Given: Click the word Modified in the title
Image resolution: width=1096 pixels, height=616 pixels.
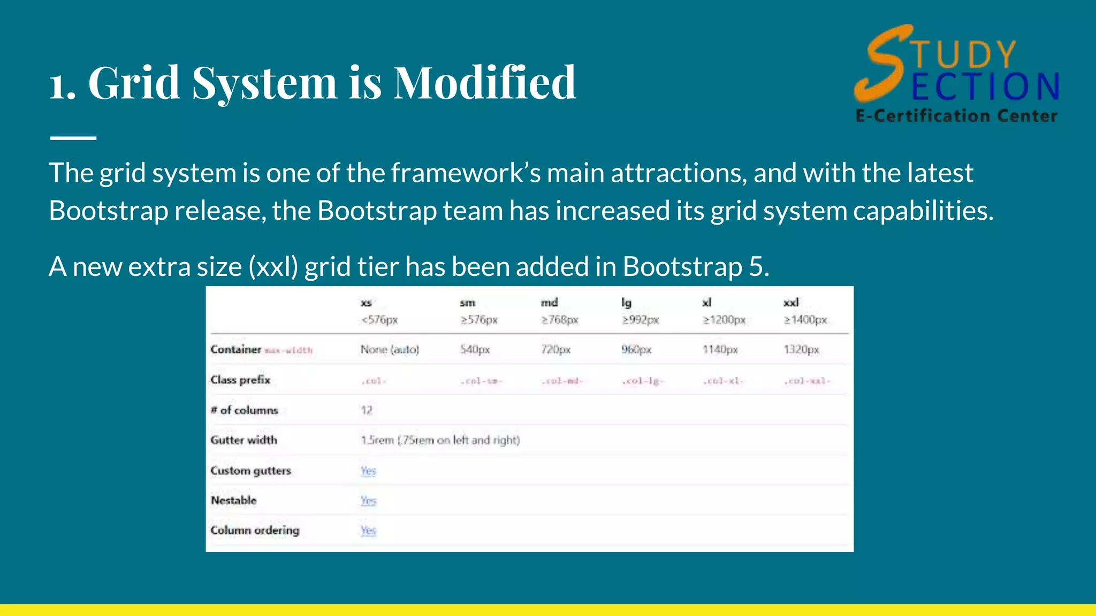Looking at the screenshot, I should click(485, 83).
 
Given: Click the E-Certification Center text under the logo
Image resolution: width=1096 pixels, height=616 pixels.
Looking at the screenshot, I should click(956, 116).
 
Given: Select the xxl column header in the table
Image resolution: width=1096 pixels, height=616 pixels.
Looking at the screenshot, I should click(791, 303).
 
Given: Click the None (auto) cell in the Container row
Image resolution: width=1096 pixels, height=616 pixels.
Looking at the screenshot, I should click(390, 350).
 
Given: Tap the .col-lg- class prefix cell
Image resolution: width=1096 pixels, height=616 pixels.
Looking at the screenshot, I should click(642, 381).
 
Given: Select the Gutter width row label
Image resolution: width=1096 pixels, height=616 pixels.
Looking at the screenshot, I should click(243, 440).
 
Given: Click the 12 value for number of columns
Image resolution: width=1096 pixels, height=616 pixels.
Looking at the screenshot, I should click(366, 410).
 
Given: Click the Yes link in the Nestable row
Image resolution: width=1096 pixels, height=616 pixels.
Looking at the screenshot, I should click(368, 500).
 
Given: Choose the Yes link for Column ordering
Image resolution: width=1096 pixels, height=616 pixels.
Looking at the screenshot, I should click(368, 530).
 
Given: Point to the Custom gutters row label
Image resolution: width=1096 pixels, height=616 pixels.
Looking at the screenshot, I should click(250, 471).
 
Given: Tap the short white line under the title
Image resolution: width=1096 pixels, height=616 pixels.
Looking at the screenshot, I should click(73, 138).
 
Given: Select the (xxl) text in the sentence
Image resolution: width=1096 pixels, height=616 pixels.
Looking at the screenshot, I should click(273, 267).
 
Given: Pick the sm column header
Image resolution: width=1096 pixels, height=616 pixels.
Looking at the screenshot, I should click(467, 303).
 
